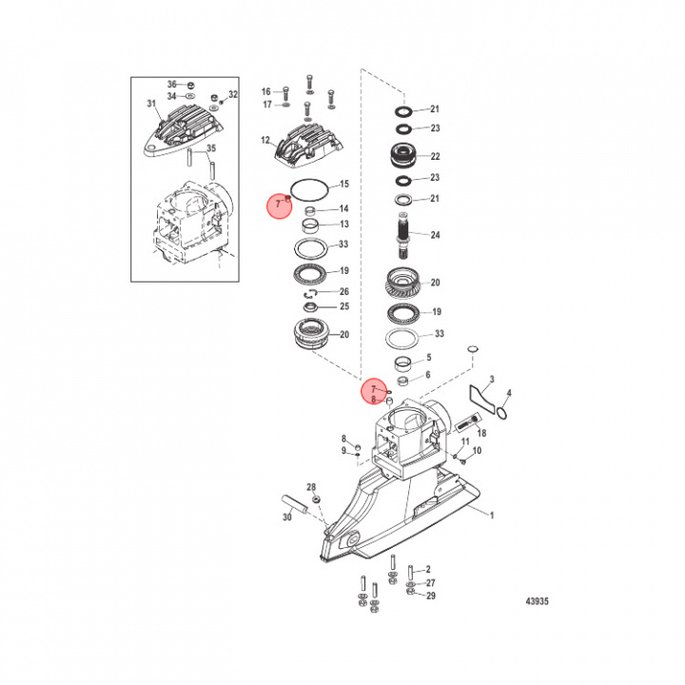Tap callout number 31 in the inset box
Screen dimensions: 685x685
click(149, 104)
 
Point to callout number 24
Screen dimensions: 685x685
click(436, 234)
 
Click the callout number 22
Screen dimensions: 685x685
click(436, 157)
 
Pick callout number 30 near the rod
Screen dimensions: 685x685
click(286, 518)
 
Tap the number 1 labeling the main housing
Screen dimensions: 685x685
click(493, 515)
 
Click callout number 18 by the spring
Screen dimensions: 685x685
click(481, 432)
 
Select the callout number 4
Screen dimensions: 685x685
click(509, 393)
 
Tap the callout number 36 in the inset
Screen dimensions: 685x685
click(172, 83)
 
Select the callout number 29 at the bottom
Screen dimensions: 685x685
click(430, 596)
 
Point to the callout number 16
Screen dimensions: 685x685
click(266, 91)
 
